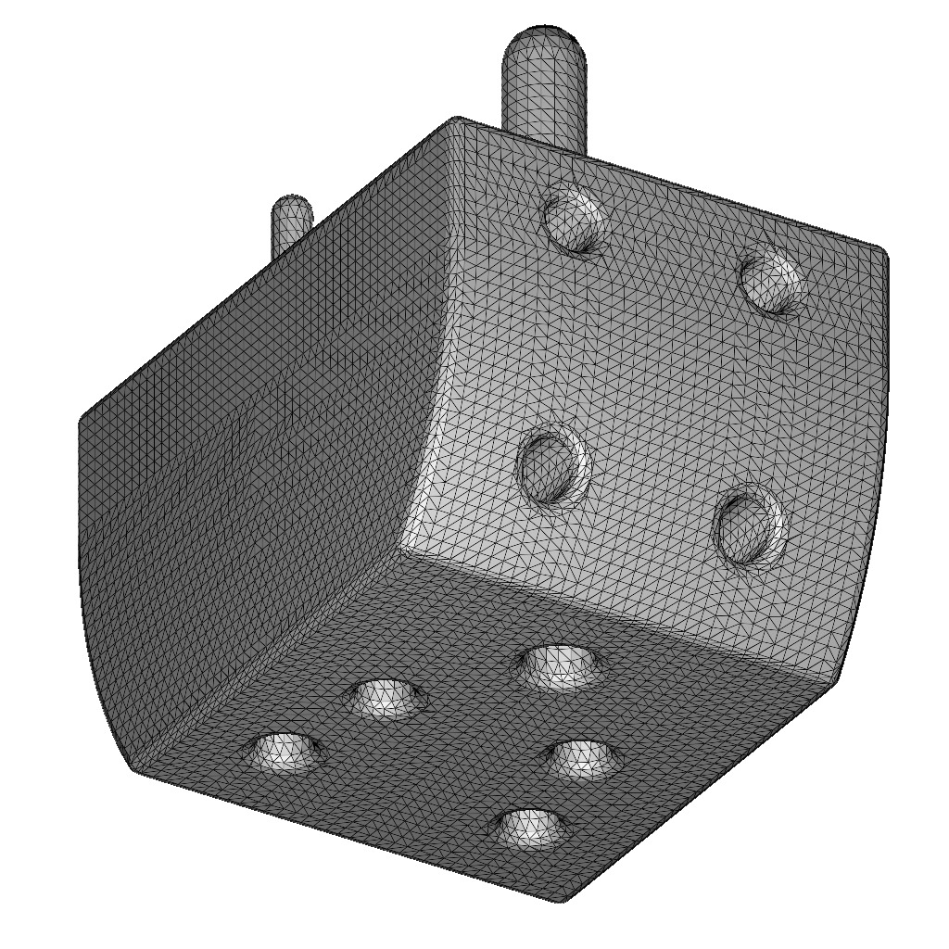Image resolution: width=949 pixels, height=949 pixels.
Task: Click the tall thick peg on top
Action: (x=545, y=93)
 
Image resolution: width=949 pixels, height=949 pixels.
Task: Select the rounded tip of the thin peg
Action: (x=292, y=206)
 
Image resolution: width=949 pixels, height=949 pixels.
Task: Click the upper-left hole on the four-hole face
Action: (x=575, y=220)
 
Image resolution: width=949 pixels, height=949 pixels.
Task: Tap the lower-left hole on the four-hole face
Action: (x=553, y=466)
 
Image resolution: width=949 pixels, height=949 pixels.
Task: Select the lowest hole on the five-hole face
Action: (x=530, y=828)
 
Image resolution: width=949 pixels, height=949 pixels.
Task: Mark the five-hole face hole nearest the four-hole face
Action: (x=560, y=665)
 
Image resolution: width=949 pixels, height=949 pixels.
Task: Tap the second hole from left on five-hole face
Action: (x=388, y=699)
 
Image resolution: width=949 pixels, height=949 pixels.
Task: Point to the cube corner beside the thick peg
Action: (x=456, y=120)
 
